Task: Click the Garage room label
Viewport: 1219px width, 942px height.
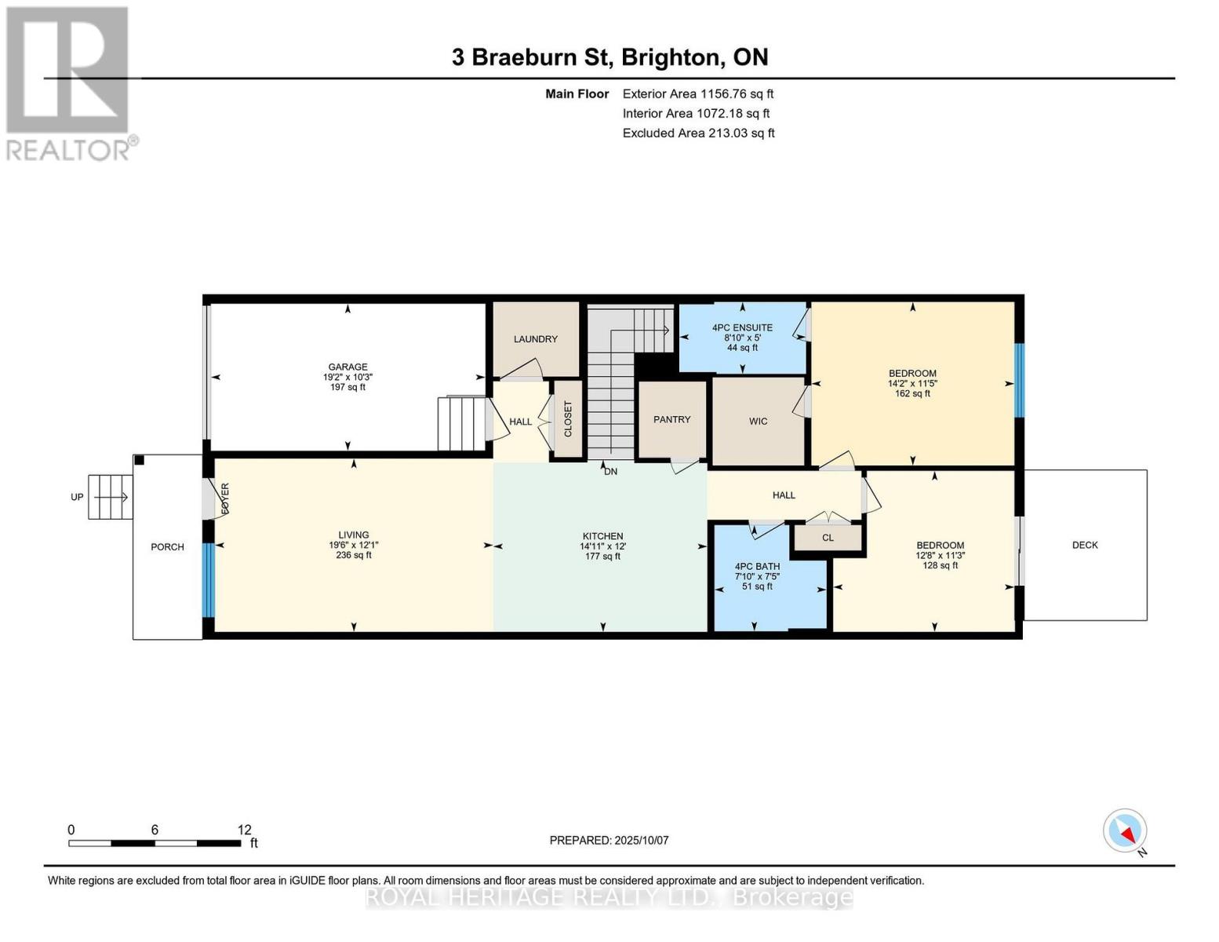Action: pos(348,367)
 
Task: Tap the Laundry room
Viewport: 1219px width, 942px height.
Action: pos(536,339)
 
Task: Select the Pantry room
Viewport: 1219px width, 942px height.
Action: pos(672,419)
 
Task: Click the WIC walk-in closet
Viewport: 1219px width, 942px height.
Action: pos(758,422)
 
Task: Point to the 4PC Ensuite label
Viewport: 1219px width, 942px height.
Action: pos(742,327)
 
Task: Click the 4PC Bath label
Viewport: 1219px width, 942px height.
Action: pos(757,566)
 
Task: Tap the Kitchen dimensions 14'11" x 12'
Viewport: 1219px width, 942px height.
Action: pos(602,546)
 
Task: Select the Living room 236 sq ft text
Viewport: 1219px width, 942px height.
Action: pos(354,556)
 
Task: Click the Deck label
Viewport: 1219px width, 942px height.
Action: pos(1085,545)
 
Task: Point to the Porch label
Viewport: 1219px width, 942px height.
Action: pos(167,547)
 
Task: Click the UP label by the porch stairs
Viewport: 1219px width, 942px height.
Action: pos(77,497)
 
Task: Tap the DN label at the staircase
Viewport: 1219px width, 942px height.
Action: pos(610,472)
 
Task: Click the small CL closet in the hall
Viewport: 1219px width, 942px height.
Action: pos(828,538)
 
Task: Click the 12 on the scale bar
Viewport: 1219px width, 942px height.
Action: pos(245,830)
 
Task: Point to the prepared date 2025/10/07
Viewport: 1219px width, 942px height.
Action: pos(609,840)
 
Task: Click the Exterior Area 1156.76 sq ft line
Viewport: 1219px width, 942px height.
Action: pos(697,93)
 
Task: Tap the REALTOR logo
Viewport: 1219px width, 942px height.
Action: pos(69,82)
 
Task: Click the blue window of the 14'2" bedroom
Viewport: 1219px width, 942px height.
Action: pos(1019,381)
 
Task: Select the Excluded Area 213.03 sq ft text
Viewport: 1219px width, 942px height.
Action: pos(698,133)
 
